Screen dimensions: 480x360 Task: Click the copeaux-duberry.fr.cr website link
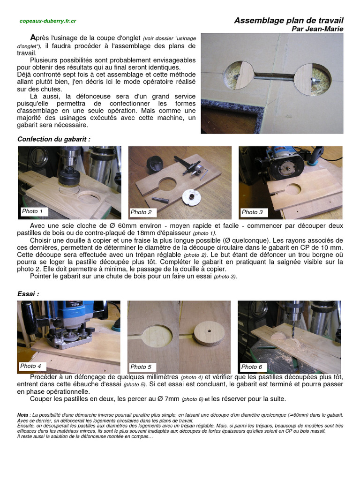[48, 21]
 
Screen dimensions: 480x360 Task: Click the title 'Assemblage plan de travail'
[288, 21]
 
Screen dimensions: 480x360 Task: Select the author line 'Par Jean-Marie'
[317, 29]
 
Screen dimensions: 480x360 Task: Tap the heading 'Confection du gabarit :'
[54, 139]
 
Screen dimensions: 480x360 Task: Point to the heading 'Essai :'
[28, 293]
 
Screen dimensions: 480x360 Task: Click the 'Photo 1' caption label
[32, 211]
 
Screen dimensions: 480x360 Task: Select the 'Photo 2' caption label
[141, 212]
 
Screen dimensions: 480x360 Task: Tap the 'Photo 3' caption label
[252, 212]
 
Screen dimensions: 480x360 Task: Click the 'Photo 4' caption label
[31, 366]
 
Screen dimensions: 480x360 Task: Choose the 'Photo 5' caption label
[141, 367]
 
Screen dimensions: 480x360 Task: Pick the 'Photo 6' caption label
[252, 367]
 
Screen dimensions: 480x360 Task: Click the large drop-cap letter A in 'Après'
[33, 37]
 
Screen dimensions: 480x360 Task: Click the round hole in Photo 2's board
[167, 184]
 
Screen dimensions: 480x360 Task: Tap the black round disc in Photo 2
[155, 164]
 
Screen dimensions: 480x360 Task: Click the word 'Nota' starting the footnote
[22, 415]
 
